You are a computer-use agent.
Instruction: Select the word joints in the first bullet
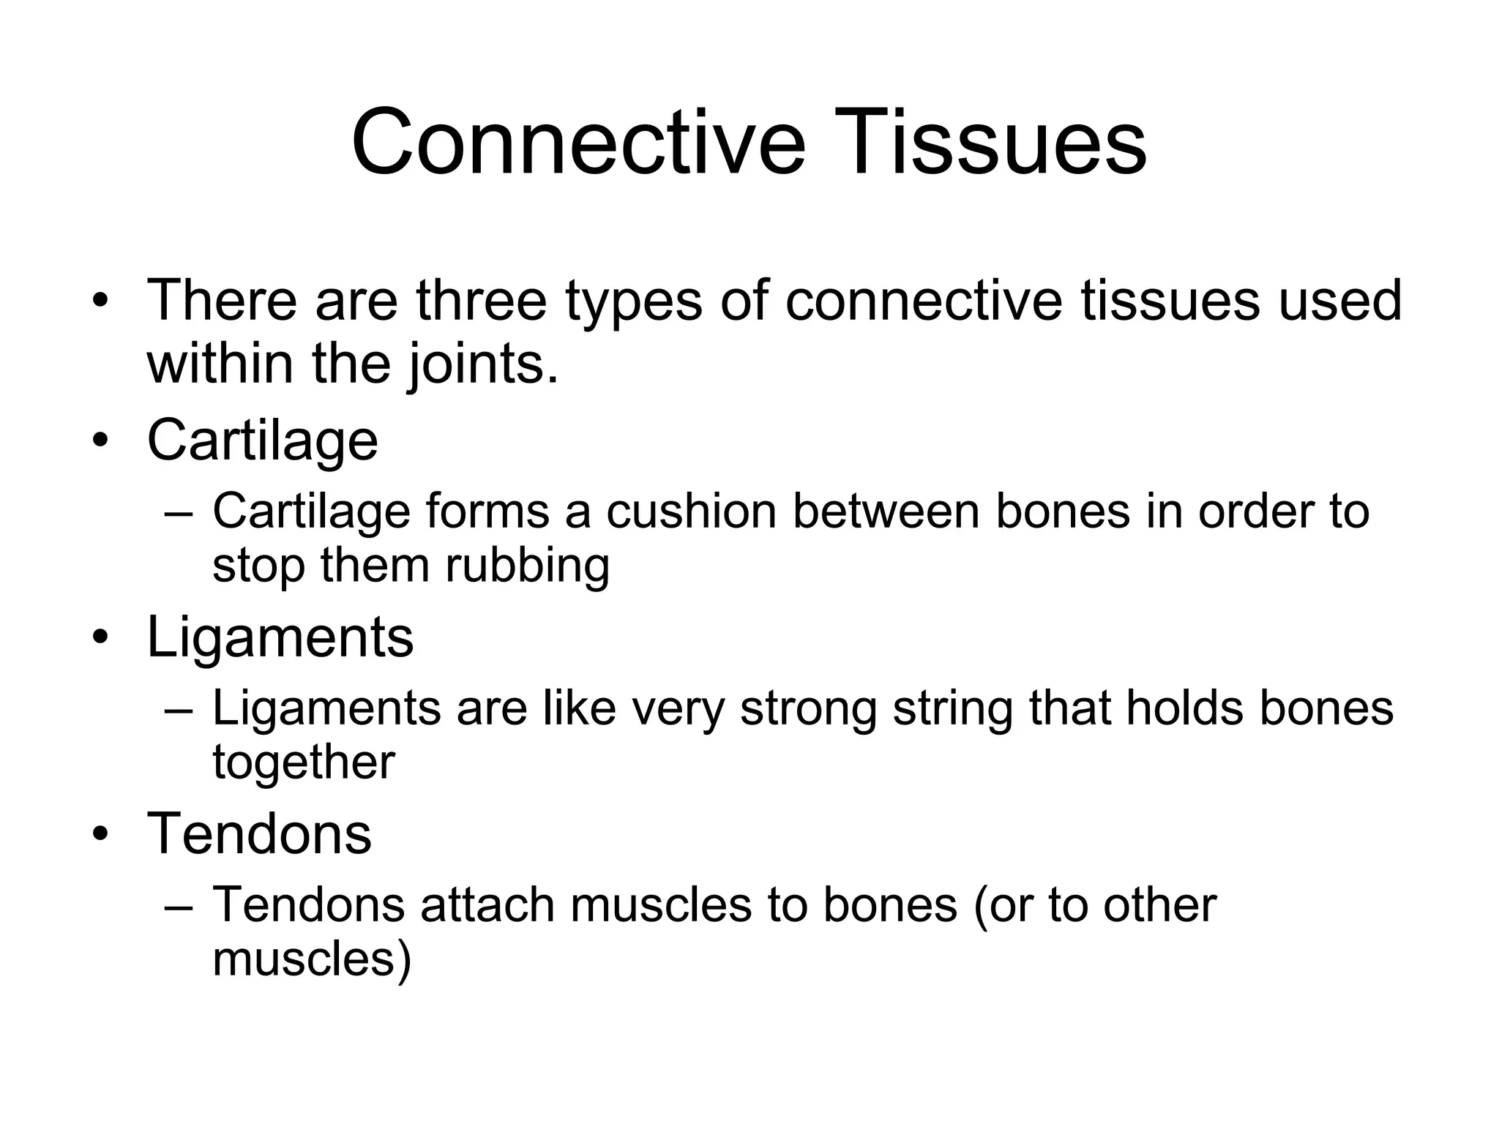coord(476,364)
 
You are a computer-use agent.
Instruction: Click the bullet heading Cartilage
coord(262,441)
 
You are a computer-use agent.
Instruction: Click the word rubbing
coord(527,566)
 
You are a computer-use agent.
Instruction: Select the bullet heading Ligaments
coord(280,637)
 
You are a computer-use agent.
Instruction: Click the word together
coord(303,763)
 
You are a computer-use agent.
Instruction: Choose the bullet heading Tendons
coord(259,834)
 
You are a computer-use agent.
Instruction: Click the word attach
coord(487,905)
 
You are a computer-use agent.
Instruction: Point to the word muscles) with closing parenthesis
coord(312,959)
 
